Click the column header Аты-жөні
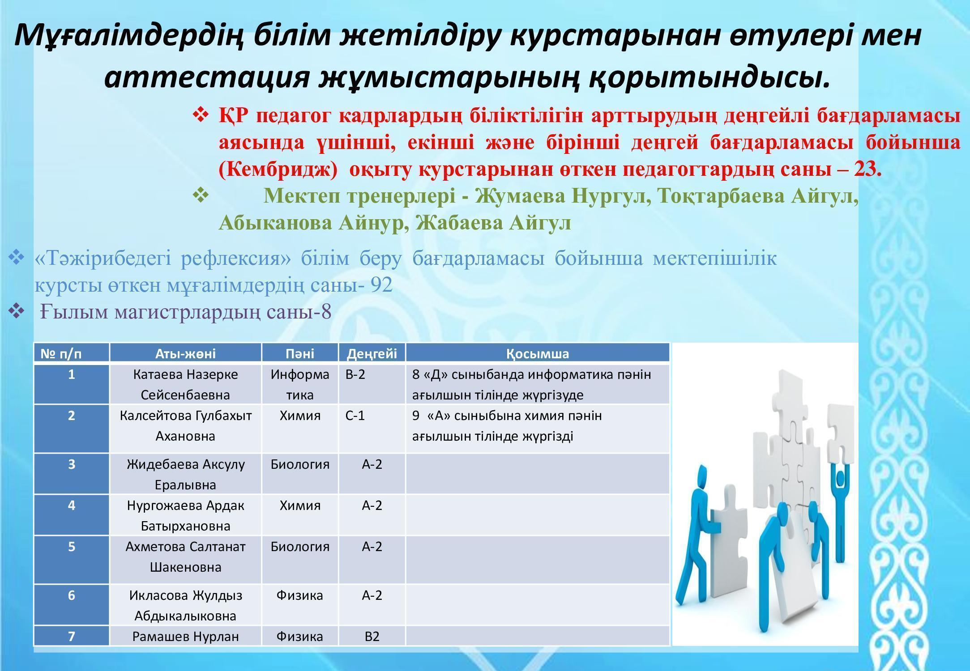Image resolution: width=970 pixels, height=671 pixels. point(185,354)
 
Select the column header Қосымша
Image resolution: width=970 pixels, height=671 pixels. point(538,354)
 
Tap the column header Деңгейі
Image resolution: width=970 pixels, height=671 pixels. point(372,354)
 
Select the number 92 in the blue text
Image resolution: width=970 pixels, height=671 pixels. point(381,285)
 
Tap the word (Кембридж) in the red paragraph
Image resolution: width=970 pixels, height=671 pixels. point(278,170)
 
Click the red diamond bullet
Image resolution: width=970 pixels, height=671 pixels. point(200,115)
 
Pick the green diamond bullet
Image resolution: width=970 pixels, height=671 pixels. point(200,195)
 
